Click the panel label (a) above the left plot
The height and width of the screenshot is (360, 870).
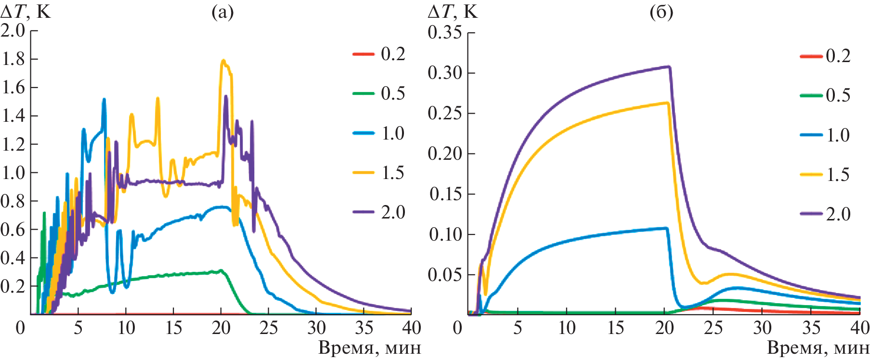click(222, 12)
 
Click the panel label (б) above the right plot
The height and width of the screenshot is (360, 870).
click(661, 12)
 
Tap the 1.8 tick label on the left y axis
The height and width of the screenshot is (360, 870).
click(13, 59)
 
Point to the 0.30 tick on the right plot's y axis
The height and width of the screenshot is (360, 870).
click(444, 73)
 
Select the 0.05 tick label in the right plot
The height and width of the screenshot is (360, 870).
click(444, 274)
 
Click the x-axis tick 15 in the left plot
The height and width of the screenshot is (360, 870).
click(173, 328)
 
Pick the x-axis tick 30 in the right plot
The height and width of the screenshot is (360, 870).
click(763, 328)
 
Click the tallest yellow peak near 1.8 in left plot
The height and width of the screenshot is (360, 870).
click(223, 61)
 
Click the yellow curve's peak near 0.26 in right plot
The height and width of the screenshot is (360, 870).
click(667, 103)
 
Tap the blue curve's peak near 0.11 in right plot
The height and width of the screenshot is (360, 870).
click(666, 228)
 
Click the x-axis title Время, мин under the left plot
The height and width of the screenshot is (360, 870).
click(369, 347)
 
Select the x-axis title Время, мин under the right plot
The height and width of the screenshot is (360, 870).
click(818, 347)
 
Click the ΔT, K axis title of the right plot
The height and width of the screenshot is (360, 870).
click(453, 12)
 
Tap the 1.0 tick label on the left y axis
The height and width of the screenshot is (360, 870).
click(13, 172)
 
